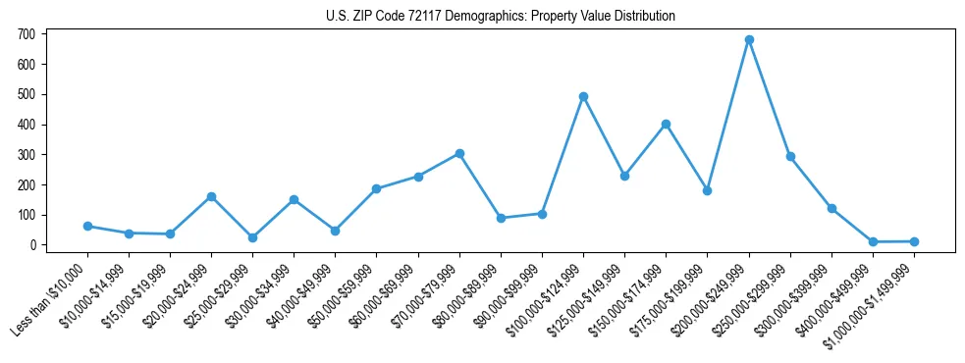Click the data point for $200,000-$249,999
click(749, 40)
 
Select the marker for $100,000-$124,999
click(583, 96)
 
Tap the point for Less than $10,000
click(87, 226)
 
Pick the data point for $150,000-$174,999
click(667, 124)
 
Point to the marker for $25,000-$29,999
click(252, 237)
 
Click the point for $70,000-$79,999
click(459, 153)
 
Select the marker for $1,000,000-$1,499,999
click(914, 241)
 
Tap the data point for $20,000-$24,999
click(211, 196)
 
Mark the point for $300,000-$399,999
click(831, 208)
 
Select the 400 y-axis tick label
click(26, 125)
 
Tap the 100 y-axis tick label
click(26, 215)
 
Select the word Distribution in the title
click(643, 17)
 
